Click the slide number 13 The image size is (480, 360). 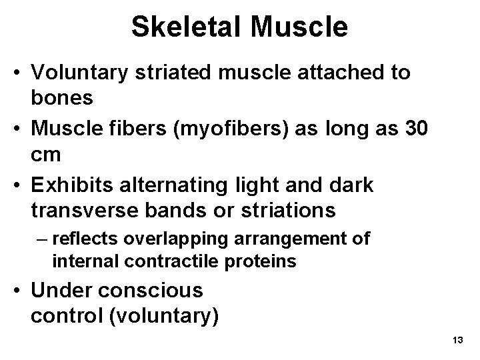tap(457, 341)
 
